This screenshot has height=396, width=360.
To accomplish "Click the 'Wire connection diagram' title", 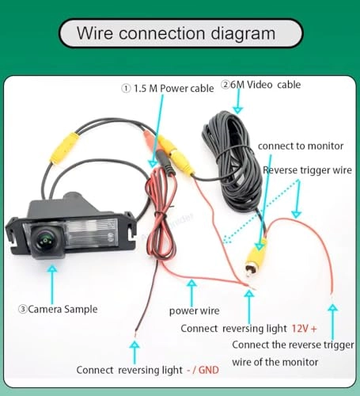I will [x=176, y=34].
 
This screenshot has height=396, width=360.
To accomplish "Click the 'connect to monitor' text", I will [x=301, y=147].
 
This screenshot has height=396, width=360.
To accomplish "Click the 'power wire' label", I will [x=195, y=310].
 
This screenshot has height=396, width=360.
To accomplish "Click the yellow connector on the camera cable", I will [x=65, y=147].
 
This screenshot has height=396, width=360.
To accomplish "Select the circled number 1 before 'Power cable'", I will [x=125, y=89].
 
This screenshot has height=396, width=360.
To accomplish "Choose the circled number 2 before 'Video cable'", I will [x=225, y=84].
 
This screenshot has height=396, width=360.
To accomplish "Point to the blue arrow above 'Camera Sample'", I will [x=52, y=278].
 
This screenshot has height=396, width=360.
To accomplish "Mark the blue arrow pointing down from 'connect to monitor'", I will [x=261, y=198].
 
